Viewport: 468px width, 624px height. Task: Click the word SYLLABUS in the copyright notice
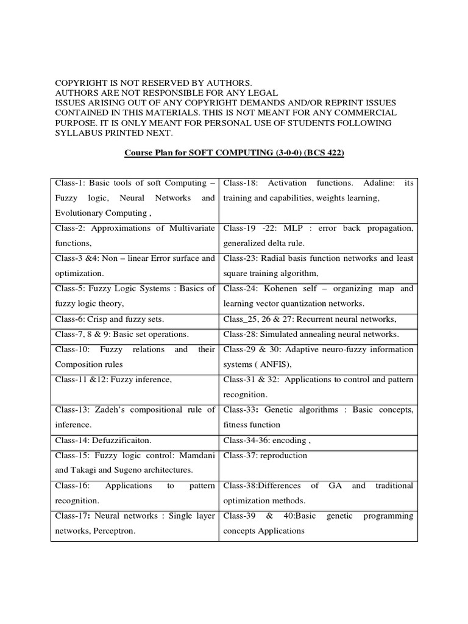pos(78,133)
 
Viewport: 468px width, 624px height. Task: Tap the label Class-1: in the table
pos(69,183)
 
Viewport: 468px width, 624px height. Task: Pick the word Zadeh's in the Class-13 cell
pos(126,409)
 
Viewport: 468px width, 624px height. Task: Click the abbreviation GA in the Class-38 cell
pos(335,486)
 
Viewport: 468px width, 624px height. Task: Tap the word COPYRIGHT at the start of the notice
pos(80,82)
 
